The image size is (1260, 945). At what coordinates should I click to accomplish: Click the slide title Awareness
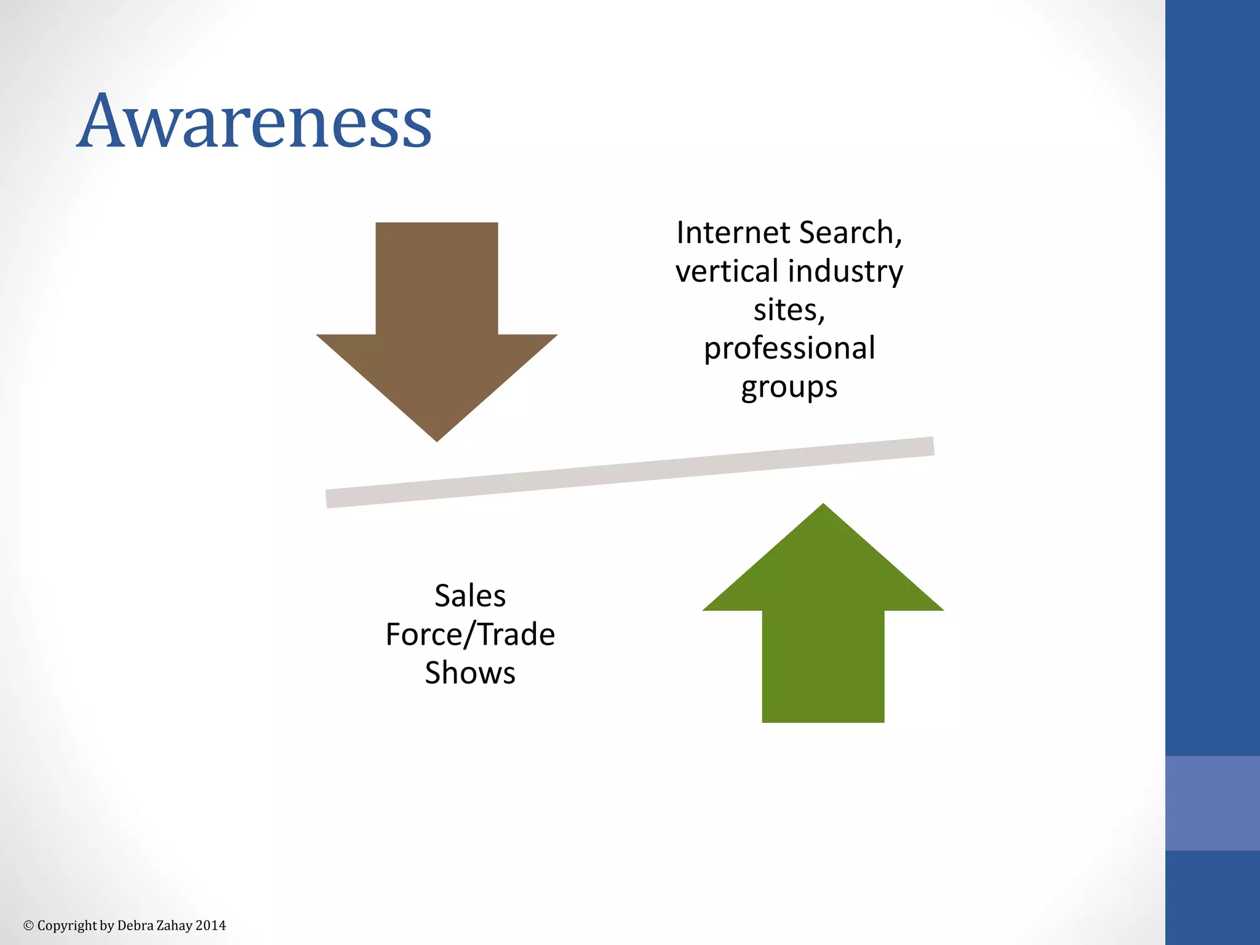pyautogui.click(x=254, y=121)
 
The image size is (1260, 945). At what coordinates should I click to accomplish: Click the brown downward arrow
pyautogui.click(x=437, y=320)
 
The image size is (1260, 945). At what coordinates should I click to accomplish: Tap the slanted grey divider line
pyautogui.click(x=630, y=472)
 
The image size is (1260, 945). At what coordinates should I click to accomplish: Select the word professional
pyautogui.click(x=789, y=349)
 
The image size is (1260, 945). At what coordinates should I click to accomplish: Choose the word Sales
pyautogui.click(x=470, y=596)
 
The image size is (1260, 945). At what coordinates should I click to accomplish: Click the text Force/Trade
pyautogui.click(x=470, y=634)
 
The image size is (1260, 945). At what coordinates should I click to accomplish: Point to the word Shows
pyautogui.click(x=470, y=673)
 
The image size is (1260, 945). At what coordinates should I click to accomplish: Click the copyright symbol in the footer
pyautogui.click(x=28, y=925)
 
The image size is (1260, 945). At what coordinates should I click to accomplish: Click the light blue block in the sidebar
pyautogui.click(x=1212, y=803)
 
